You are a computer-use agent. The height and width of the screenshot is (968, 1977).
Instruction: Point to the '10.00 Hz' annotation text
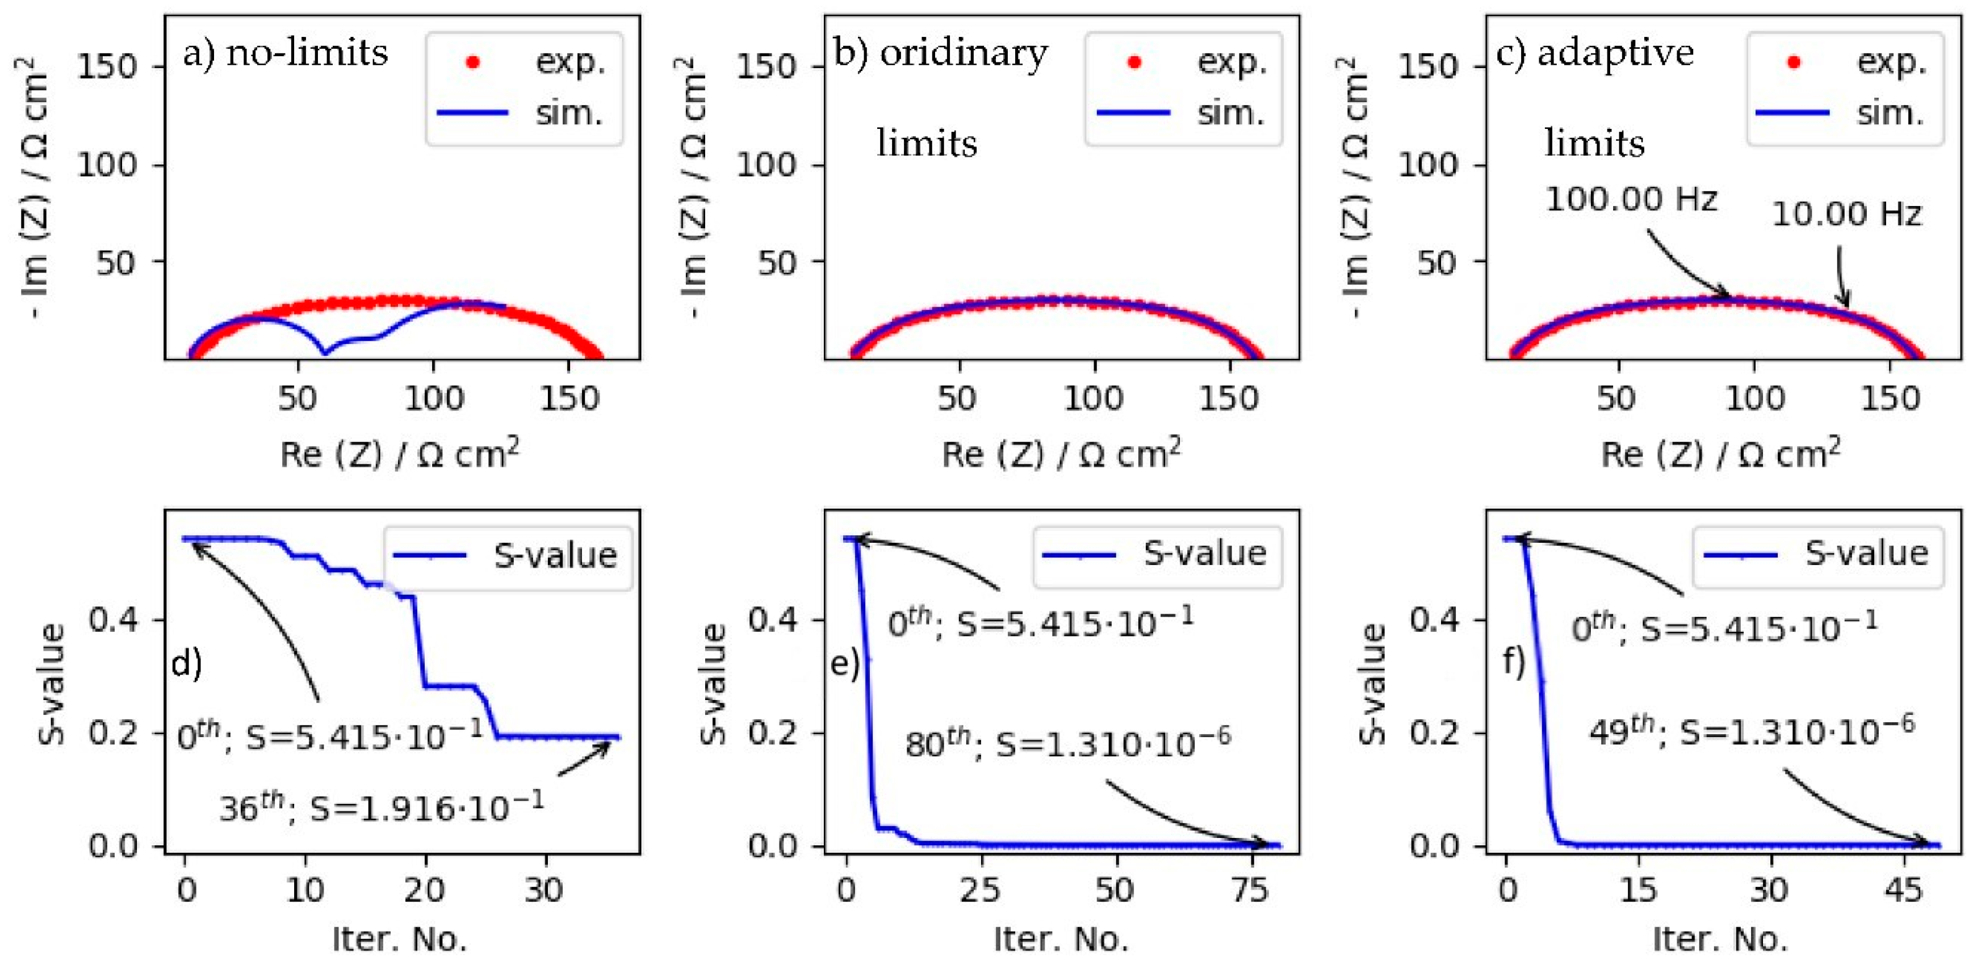click(x=1846, y=214)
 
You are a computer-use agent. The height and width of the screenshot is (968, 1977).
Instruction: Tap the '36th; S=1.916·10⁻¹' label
click(x=382, y=806)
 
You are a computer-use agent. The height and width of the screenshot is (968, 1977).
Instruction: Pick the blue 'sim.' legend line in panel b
click(x=1133, y=113)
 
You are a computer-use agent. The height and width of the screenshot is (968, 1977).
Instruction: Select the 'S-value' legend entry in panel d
click(x=506, y=555)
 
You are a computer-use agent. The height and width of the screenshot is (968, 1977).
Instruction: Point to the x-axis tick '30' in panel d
click(x=544, y=890)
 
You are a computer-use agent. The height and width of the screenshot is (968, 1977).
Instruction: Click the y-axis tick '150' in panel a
click(x=107, y=67)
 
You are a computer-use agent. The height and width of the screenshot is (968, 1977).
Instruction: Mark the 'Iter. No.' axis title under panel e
click(x=1061, y=940)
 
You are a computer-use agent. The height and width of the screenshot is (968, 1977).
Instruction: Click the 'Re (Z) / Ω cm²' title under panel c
click(x=1720, y=454)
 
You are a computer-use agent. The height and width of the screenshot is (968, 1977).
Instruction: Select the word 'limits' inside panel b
click(x=927, y=144)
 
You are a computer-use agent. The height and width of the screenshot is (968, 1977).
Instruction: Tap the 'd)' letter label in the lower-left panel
click(x=186, y=662)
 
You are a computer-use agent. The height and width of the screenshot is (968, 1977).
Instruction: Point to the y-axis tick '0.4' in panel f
click(x=1434, y=619)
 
